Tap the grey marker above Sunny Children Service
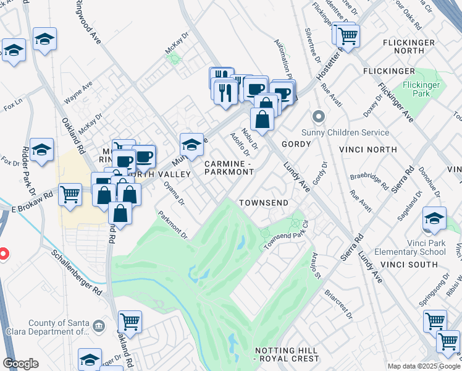click(x=319, y=116)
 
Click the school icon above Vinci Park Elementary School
click(x=434, y=220)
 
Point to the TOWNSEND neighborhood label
click(x=264, y=203)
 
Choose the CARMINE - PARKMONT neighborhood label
click(x=229, y=168)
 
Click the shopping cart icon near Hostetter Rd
click(x=348, y=35)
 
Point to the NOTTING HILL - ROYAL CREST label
click(x=287, y=354)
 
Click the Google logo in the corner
click(x=20, y=364)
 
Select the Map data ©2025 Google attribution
click(x=423, y=366)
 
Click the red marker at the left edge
click(x=2, y=254)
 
